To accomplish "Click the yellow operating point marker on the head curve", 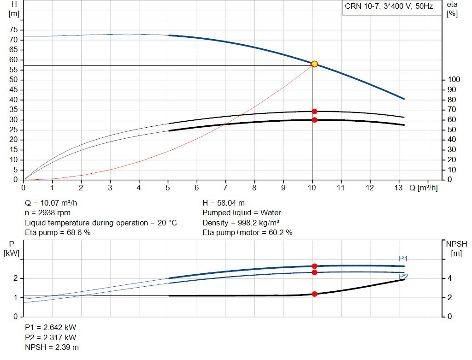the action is [314, 64].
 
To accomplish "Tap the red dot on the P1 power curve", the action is [314, 266].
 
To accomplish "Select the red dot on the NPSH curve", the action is [314, 294].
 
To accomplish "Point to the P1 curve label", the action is [403, 259].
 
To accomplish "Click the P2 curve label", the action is [403, 277].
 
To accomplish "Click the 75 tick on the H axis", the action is [13, 30].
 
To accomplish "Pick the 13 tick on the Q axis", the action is [399, 188].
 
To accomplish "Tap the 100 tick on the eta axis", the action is [454, 79].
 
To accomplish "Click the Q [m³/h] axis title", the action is [423, 188].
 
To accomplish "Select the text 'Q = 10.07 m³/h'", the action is [51, 203].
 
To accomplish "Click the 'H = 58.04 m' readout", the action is [224, 203].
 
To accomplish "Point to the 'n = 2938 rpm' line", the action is [47, 213].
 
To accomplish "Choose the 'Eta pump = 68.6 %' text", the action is [58, 232].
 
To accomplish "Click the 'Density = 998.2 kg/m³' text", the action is [241, 223].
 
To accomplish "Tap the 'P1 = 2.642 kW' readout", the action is [51, 327].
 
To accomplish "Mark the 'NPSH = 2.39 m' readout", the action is [52, 347].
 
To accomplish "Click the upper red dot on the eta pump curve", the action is [314, 112].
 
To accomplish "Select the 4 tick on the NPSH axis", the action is [449, 278].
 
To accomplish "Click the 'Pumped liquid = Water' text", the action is [242, 213].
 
